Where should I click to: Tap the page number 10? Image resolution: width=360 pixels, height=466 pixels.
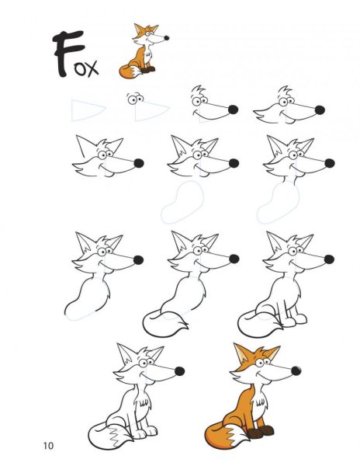tap(48, 446)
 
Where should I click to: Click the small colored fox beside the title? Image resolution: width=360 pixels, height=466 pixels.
tap(144, 51)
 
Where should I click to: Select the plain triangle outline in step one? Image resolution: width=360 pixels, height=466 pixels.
tap(88, 110)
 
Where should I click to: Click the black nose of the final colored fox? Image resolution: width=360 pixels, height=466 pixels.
tap(296, 371)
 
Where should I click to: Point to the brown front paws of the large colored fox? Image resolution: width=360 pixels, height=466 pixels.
tap(260, 432)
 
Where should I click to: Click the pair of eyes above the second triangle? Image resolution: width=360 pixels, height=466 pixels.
tap(135, 99)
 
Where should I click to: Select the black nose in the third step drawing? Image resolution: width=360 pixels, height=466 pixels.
tap(233, 110)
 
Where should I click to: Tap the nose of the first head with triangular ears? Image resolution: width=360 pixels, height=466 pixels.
tap(139, 163)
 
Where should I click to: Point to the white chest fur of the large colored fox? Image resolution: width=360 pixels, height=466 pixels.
tap(260, 400)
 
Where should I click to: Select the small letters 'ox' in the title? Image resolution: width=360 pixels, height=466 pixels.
tap(86, 68)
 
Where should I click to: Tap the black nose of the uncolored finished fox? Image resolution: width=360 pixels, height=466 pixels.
tap(179, 371)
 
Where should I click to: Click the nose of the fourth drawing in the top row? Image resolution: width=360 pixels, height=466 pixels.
tap(320, 110)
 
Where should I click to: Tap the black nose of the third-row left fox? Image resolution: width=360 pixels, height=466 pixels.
tap(138, 260)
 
